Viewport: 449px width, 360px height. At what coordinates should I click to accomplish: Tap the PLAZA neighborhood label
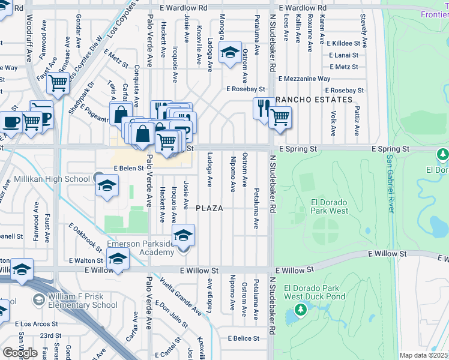pyautogui.click(x=209, y=208)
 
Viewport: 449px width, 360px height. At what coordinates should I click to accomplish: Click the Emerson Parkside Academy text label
pyautogui.click(x=140, y=248)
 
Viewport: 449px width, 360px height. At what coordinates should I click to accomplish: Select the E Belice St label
pyautogui.click(x=244, y=338)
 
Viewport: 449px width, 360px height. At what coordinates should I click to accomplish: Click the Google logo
pyautogui.click(x=20, y=352)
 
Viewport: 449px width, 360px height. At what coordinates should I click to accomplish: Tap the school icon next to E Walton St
pyautogui.click(x=118, y=259)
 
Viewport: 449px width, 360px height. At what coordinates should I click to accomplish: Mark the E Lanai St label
pyautogui.click(x=343, y=55)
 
